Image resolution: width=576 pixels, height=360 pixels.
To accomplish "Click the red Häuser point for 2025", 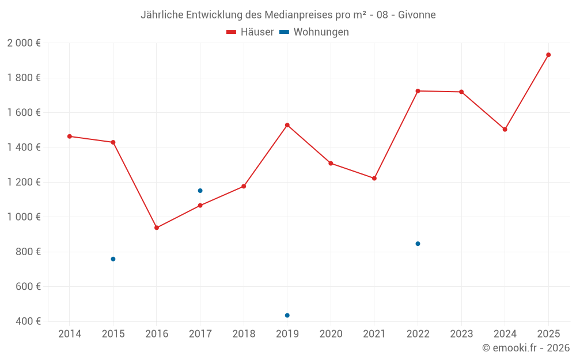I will pyautogui.click(x=548, y=55).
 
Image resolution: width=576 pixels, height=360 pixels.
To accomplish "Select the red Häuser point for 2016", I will pyautogui.click(x=157, y=228).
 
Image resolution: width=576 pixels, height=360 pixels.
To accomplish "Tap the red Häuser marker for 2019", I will pyautogui.click(x=287, y=125).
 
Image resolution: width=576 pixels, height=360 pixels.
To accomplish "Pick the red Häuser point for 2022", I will pyautogui.click(x=418, y=91).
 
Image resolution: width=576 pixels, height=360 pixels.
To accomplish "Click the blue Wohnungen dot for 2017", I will pyautogui.click(x=200, y=191).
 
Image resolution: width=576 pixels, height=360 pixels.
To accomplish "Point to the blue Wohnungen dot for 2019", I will pyautogui.click(x=287, y=315).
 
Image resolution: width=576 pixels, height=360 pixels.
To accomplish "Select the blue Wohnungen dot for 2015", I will pyautogui.click(x=113, y=259).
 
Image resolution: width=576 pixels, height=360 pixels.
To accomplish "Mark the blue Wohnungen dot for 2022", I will pyautogui.click(x=418, y=244).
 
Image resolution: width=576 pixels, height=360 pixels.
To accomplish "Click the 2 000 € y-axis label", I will pyautogui.click(x=24, y=43).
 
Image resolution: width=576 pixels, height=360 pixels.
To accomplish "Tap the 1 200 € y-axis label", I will pyautogui.click(x=24, y=182).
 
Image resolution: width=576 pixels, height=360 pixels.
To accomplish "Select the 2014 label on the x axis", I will pyautogui.click(x=70, y=334).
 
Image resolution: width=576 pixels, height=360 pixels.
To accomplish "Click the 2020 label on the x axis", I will pyautogui.click(x=331, y=334).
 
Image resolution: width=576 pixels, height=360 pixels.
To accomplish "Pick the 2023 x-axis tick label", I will pyautogui.click(x=461, y=334).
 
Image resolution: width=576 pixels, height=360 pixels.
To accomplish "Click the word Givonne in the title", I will pyautogui.click(x=417, y=14).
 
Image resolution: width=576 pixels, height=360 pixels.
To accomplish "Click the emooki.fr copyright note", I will pyautogui.click(x=526, y=348).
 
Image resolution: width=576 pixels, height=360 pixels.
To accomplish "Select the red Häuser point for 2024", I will pyautogui.click(x=505, y=130).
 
